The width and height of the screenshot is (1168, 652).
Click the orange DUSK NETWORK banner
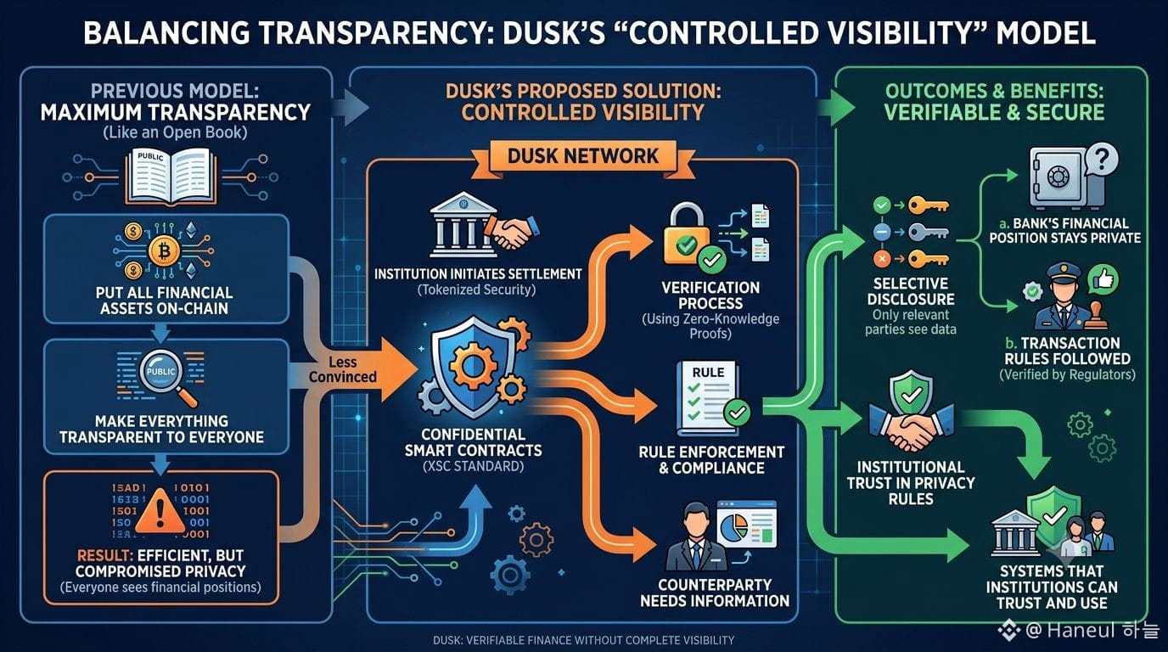click(583, 156)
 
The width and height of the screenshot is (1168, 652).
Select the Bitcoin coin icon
click(164, 251)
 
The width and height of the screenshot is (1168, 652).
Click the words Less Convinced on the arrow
click(343, 369)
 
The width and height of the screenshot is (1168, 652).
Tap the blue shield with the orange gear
click(472, 366)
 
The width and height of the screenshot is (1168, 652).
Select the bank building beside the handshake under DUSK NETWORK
click(462, 224)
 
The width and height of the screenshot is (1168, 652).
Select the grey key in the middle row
click(928, 232)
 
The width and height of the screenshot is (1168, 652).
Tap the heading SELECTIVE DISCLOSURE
click(911, 291)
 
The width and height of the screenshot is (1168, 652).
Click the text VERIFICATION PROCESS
click(710, 295)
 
